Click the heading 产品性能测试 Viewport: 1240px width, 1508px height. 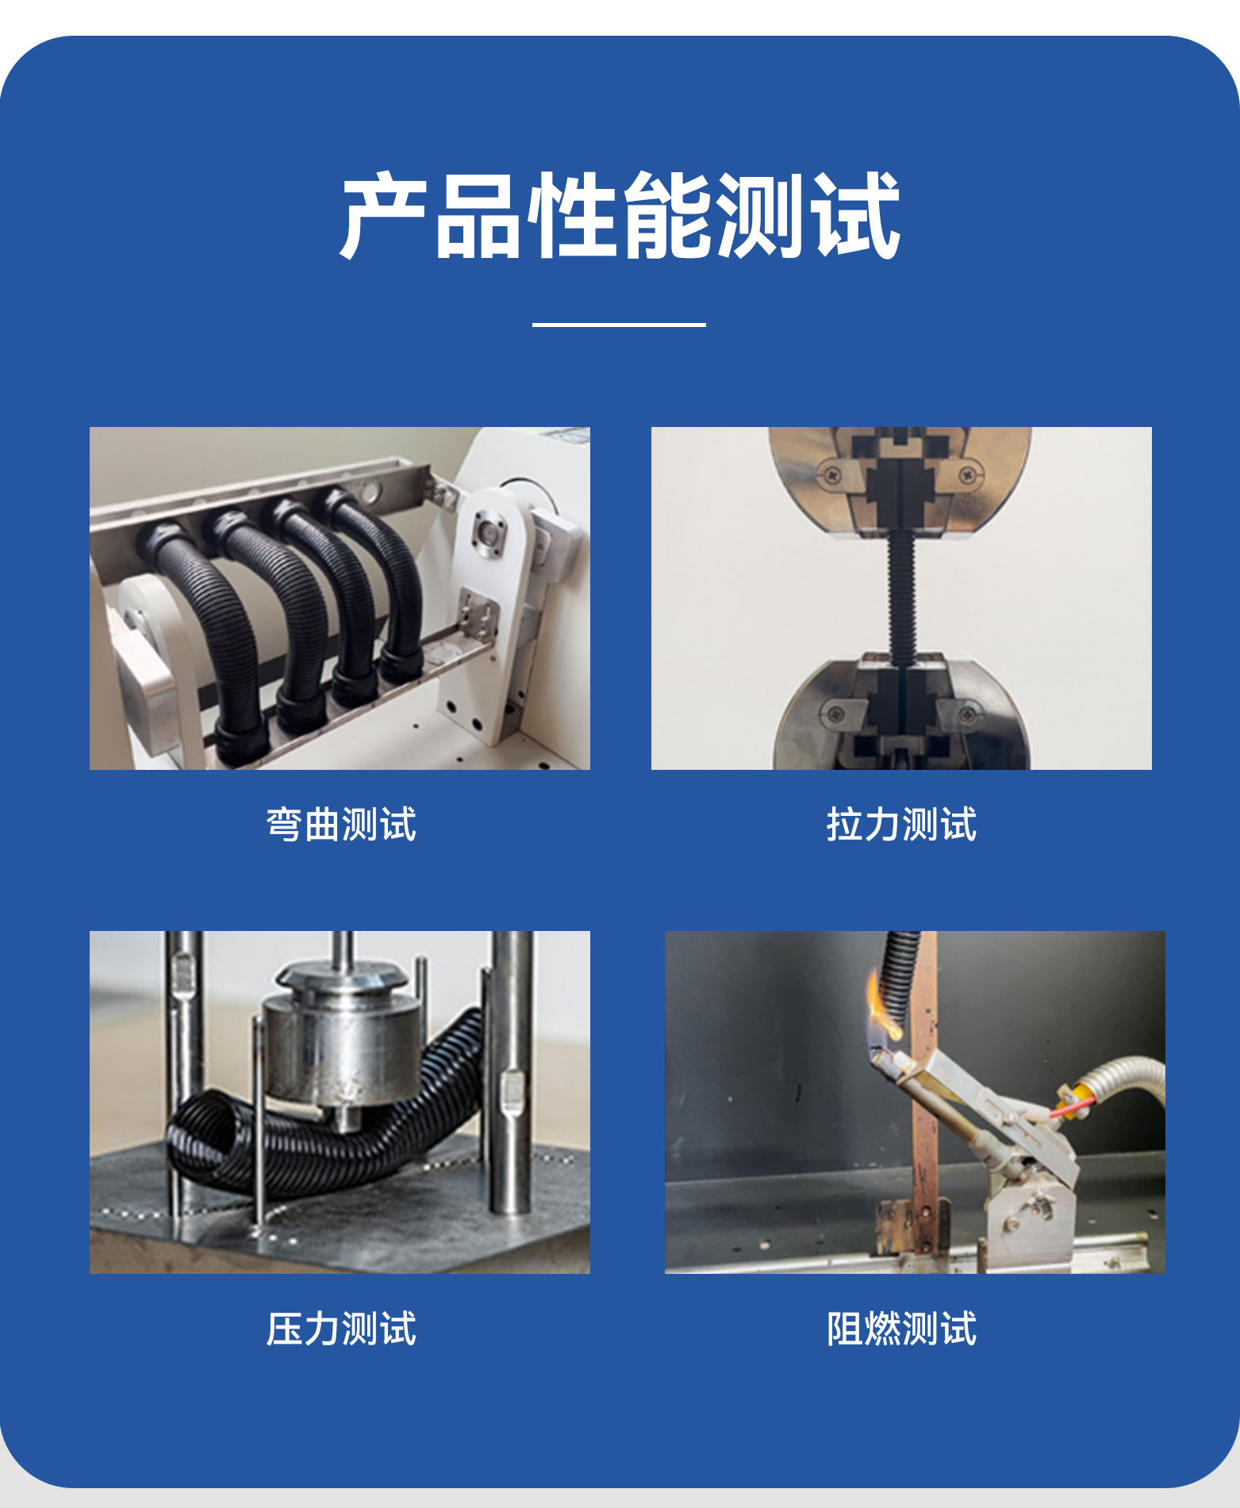click(620, 215)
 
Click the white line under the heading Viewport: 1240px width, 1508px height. click(619, 324)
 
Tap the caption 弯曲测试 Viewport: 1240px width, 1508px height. click(341, 824)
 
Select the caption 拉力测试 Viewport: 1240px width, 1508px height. click(901, 824)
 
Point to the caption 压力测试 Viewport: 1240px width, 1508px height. click(341, 1329)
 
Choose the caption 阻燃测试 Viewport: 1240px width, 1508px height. click(901, 1329)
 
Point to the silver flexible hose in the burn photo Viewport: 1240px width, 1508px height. click(1127, 1080)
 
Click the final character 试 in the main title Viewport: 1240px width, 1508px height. click(856, 215)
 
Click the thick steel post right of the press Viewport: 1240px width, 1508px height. click(511, 1071)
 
